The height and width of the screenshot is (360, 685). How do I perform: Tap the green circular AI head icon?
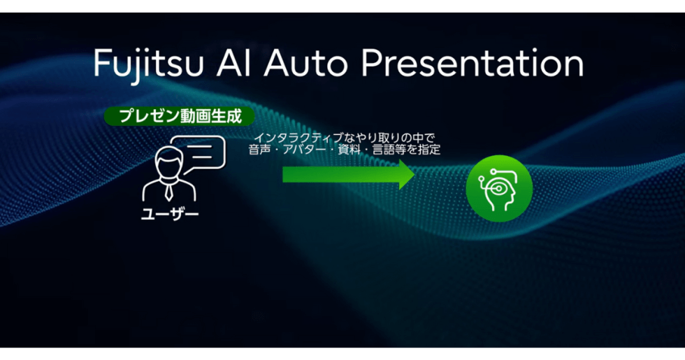click(499, 187)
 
